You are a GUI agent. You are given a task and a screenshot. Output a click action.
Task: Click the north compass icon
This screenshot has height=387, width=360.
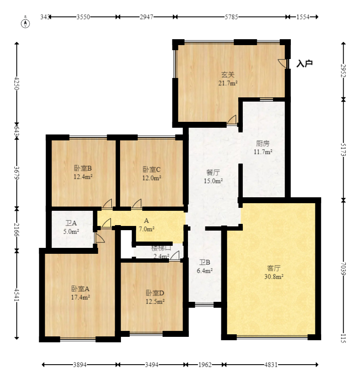pos(26,21)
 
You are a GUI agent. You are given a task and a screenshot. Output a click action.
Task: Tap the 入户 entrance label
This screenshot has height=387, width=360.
pos(304,64)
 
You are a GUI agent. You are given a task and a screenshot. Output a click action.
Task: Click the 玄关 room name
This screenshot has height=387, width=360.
pos(228,75)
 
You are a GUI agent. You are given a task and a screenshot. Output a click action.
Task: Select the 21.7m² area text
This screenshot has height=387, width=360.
pos(228,83)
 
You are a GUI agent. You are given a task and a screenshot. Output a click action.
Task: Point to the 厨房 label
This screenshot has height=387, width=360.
pos(263,143)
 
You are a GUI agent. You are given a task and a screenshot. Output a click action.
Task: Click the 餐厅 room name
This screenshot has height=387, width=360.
pos(213,172)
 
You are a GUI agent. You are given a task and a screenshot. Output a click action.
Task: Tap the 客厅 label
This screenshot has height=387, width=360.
pos(274,268)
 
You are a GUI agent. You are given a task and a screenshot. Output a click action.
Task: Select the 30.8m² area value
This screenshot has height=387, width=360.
pos(274,277)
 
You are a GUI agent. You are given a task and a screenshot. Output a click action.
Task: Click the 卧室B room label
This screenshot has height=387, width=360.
pos(83,169)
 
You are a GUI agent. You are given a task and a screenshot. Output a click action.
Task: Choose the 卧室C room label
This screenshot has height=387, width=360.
pos(151,169)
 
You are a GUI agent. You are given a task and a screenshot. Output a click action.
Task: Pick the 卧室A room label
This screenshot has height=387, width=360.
pos(80,289)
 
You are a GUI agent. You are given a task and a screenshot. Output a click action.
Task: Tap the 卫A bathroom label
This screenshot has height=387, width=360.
pos(71,223)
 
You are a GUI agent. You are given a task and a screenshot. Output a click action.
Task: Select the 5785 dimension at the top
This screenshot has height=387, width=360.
pos(231,17)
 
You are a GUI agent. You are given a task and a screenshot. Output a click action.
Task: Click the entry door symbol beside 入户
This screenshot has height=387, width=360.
pos(283,63)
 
